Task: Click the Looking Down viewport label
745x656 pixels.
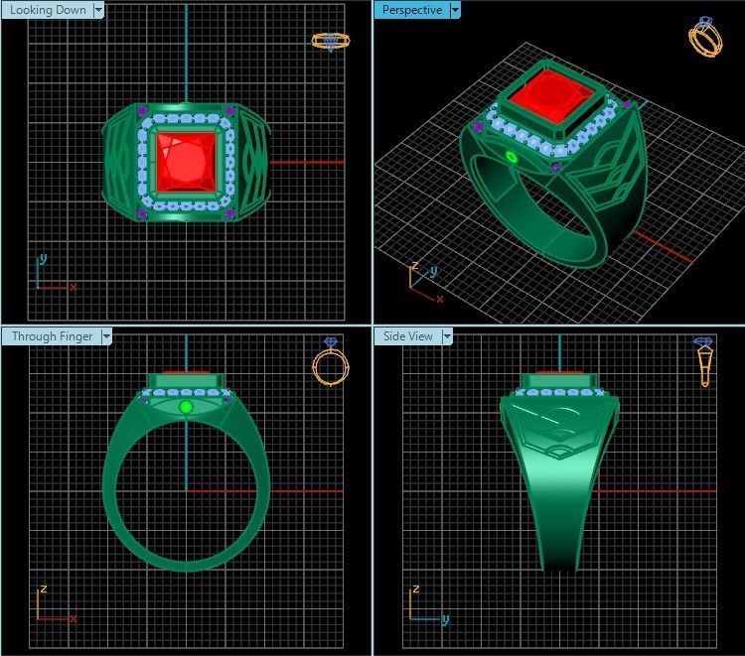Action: (48, 10)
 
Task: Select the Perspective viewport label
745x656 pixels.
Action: (411, 10)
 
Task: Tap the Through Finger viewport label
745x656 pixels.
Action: (52, 336)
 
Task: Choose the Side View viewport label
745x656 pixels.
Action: (408, 336)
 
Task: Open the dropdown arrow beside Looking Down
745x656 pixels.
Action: (98, 10)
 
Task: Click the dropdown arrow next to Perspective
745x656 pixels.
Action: (455, 10)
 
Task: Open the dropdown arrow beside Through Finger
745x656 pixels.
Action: (105, 336)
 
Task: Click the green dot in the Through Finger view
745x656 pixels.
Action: (186, 407)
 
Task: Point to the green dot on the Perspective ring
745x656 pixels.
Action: (513, 157)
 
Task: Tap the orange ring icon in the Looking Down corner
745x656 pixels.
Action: (331, 41)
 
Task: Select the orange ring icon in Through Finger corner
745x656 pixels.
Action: (330, 361)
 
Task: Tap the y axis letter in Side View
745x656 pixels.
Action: (445, 619)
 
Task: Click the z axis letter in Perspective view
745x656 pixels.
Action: (414, 266)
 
